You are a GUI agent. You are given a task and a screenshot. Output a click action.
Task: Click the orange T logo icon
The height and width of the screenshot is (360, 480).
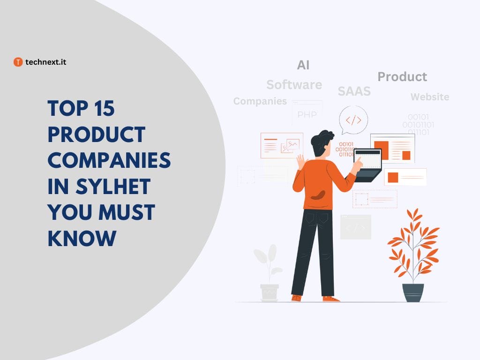pyautogui.click(x=18, y=62)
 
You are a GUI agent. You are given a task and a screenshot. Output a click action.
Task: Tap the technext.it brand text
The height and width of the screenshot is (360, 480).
pyautogui.click(x=45, y=62)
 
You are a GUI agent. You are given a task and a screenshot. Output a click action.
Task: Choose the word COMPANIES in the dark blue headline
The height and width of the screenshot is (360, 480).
pyautogui.click(x=109, y=161)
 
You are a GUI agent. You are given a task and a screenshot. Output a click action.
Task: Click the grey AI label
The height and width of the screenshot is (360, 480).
pyautogui.click(x=303, y=65)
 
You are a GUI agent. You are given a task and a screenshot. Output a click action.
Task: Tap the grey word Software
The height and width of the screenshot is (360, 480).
pyautogui.click(x=294, y=85)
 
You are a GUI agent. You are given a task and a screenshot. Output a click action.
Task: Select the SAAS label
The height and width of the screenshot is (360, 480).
pyautogui.click(x=354, y=91)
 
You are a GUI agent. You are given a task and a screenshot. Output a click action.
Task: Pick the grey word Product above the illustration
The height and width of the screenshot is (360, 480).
pyautogui.click(x=402, y=77)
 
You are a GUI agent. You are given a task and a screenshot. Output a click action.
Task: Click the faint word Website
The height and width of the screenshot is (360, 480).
pyautogui.click(x=429, y=97)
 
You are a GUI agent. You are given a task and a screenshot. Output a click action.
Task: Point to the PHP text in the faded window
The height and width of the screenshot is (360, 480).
pyautogui.click(x=307, y=115)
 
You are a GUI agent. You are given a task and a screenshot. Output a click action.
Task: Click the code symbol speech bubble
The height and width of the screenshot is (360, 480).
pyautogui.click(x=353, y=120)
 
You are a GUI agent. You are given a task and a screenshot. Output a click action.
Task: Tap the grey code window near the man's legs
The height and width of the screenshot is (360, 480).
pyautogui.click(x=355, y=227)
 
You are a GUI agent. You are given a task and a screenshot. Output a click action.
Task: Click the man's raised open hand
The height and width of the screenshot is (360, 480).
pyautogui.click(x=300, y=162)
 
